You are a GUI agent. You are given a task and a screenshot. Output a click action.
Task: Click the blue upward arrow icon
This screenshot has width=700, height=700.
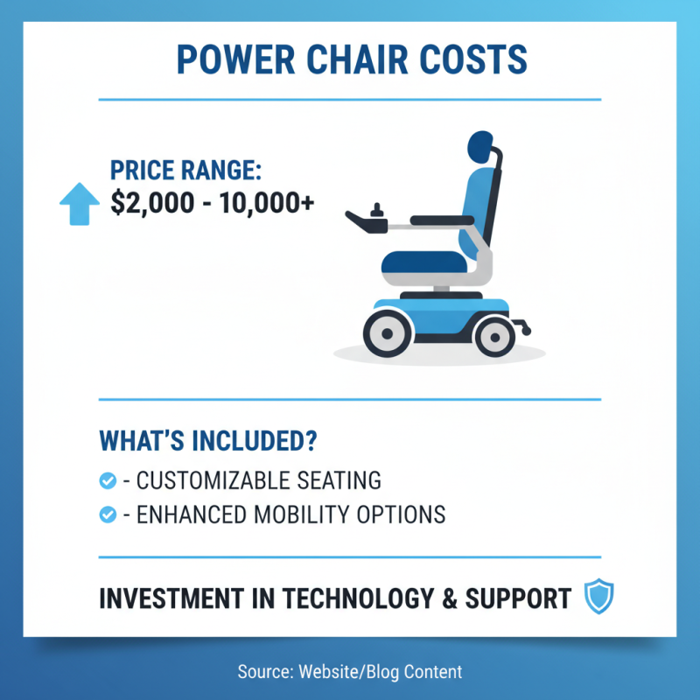[79, 203]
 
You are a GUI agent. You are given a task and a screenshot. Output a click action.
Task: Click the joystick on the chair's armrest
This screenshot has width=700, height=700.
[379, 213]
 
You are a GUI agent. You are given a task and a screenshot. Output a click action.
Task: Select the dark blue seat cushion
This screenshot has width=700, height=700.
[425, 262]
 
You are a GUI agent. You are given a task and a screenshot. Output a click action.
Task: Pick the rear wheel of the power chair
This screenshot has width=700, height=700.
[495, 334]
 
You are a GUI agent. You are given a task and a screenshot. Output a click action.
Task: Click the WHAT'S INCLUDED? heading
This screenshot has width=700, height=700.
[207, 440]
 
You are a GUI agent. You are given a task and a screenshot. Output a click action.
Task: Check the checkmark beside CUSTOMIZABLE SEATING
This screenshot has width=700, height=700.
[108, 480]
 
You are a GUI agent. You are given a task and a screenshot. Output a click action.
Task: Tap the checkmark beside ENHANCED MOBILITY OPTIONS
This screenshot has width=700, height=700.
[108, 514]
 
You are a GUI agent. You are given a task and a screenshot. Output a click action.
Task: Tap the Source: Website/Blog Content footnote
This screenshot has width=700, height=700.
[349, 672]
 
